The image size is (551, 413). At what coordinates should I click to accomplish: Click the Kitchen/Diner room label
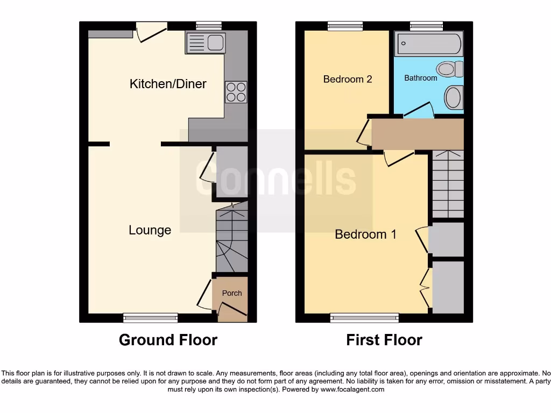point(168,84)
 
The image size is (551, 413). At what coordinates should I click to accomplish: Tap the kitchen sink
point(205,42)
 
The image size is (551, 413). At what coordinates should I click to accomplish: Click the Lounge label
point(150,230)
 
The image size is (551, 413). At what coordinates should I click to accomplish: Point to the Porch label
point(232,293)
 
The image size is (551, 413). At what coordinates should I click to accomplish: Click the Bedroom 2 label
point(348,79)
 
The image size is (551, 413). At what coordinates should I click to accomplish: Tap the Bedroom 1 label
point(365,234)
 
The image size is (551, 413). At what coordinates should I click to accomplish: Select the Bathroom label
point(420,78)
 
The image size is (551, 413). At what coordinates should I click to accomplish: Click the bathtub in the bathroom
point(429,45)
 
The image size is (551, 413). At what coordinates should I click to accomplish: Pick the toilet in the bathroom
point(450,69)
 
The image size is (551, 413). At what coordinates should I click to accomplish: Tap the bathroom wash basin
point(453,98)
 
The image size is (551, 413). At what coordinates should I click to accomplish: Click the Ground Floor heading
point(168,340)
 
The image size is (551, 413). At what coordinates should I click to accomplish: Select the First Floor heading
point(384,340)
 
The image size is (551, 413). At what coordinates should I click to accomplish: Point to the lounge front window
point(150,318)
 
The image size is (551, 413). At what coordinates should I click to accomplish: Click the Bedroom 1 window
point(365,318)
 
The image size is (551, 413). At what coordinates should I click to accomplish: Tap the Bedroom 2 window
point(345,25)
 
